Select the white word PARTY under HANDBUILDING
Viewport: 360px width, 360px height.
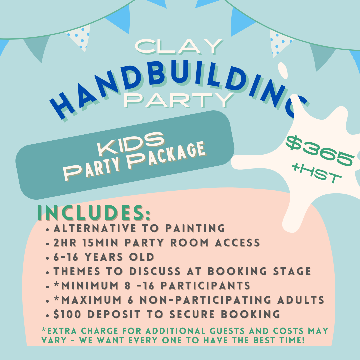coord(179,100)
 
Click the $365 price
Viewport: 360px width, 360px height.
coord(320,150)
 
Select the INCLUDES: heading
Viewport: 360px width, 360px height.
coord(94,213)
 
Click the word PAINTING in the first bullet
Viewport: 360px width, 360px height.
coord(195,228)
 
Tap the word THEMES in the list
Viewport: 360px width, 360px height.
coord(77,271)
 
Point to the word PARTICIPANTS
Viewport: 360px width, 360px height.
coord(205,286)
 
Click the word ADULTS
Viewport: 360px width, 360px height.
coord(301,300)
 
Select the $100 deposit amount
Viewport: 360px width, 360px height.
coord(67,314)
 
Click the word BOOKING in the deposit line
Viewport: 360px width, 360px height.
coord(250,314)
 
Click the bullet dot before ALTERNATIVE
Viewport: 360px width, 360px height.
coord(48,229)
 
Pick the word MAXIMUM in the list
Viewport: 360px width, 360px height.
coord(91,300)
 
